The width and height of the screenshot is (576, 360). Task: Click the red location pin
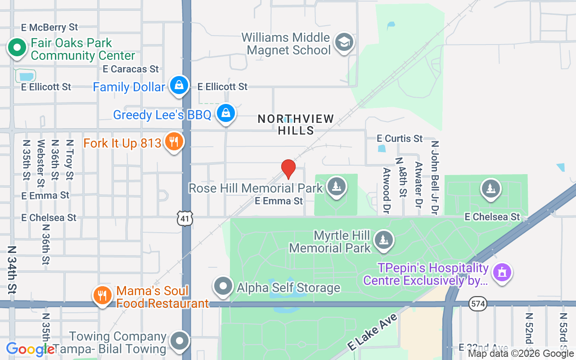(288, 169)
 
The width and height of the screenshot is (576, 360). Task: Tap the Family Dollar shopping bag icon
(179, 85)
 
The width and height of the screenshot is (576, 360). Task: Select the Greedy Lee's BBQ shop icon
(226, 113)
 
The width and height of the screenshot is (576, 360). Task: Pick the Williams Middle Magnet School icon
(344, 43)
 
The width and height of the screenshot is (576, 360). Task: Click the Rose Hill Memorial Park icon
(336, 186)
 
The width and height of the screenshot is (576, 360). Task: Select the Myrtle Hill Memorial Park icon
(384, 240)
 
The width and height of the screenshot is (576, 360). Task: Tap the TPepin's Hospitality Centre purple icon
(503, 273)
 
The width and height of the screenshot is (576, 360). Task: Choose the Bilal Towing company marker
(180, 341)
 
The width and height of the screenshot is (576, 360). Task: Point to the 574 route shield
(477, 304)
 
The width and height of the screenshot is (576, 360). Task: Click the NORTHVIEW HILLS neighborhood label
(296, 125)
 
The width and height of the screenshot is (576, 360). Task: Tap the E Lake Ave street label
(373, 333)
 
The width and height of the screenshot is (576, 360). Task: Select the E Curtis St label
(400, 138)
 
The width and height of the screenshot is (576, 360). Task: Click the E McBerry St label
(49, 27)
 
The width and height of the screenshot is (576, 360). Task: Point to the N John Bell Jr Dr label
(435, 178)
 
